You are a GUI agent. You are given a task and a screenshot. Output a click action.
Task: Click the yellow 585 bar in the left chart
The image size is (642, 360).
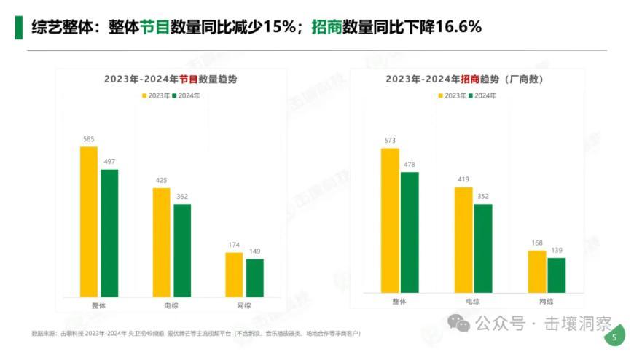(89, 222)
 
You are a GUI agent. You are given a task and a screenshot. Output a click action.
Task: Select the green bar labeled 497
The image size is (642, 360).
(109, 233)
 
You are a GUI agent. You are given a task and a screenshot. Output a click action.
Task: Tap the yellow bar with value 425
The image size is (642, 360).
(162, 242)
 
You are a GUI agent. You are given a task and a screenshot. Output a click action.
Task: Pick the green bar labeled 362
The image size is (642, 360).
(182, 250)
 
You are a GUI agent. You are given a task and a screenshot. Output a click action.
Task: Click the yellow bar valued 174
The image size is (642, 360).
(234, 275)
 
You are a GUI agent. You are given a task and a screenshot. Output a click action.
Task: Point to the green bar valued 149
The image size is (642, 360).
(255, 278)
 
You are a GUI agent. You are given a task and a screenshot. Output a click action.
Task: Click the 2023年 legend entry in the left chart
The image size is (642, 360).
(154, 95)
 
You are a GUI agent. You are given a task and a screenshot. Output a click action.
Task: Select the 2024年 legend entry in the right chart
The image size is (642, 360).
(481, 95)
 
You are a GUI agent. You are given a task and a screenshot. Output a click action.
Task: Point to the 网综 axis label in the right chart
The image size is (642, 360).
(547, 301)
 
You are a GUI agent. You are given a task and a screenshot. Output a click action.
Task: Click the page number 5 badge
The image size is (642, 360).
(614, 337)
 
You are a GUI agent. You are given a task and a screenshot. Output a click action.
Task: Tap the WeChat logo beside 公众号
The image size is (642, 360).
(459, 323)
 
